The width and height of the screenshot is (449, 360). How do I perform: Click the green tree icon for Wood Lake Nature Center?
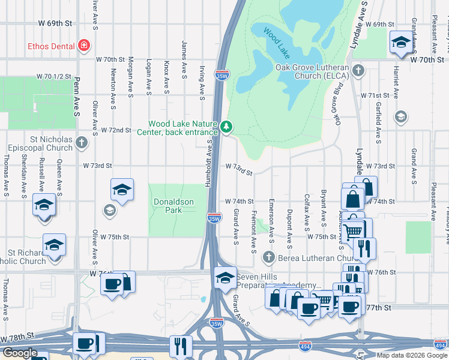click(x=226, y=127)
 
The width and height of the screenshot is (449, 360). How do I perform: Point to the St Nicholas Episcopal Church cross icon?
click(x=82, y=143)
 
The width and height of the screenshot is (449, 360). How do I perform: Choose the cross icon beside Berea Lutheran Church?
click(x=268, y=257)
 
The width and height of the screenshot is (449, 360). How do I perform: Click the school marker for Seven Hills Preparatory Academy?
click(x=225, y=277)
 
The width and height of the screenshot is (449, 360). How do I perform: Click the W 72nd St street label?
click(x=116, y=130)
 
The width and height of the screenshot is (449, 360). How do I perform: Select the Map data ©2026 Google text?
click(x=412, y=355)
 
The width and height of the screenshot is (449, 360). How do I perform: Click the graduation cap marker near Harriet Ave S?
click(x=401, y=42)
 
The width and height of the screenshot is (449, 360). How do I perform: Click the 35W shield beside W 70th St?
click(x=221, y=75)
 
